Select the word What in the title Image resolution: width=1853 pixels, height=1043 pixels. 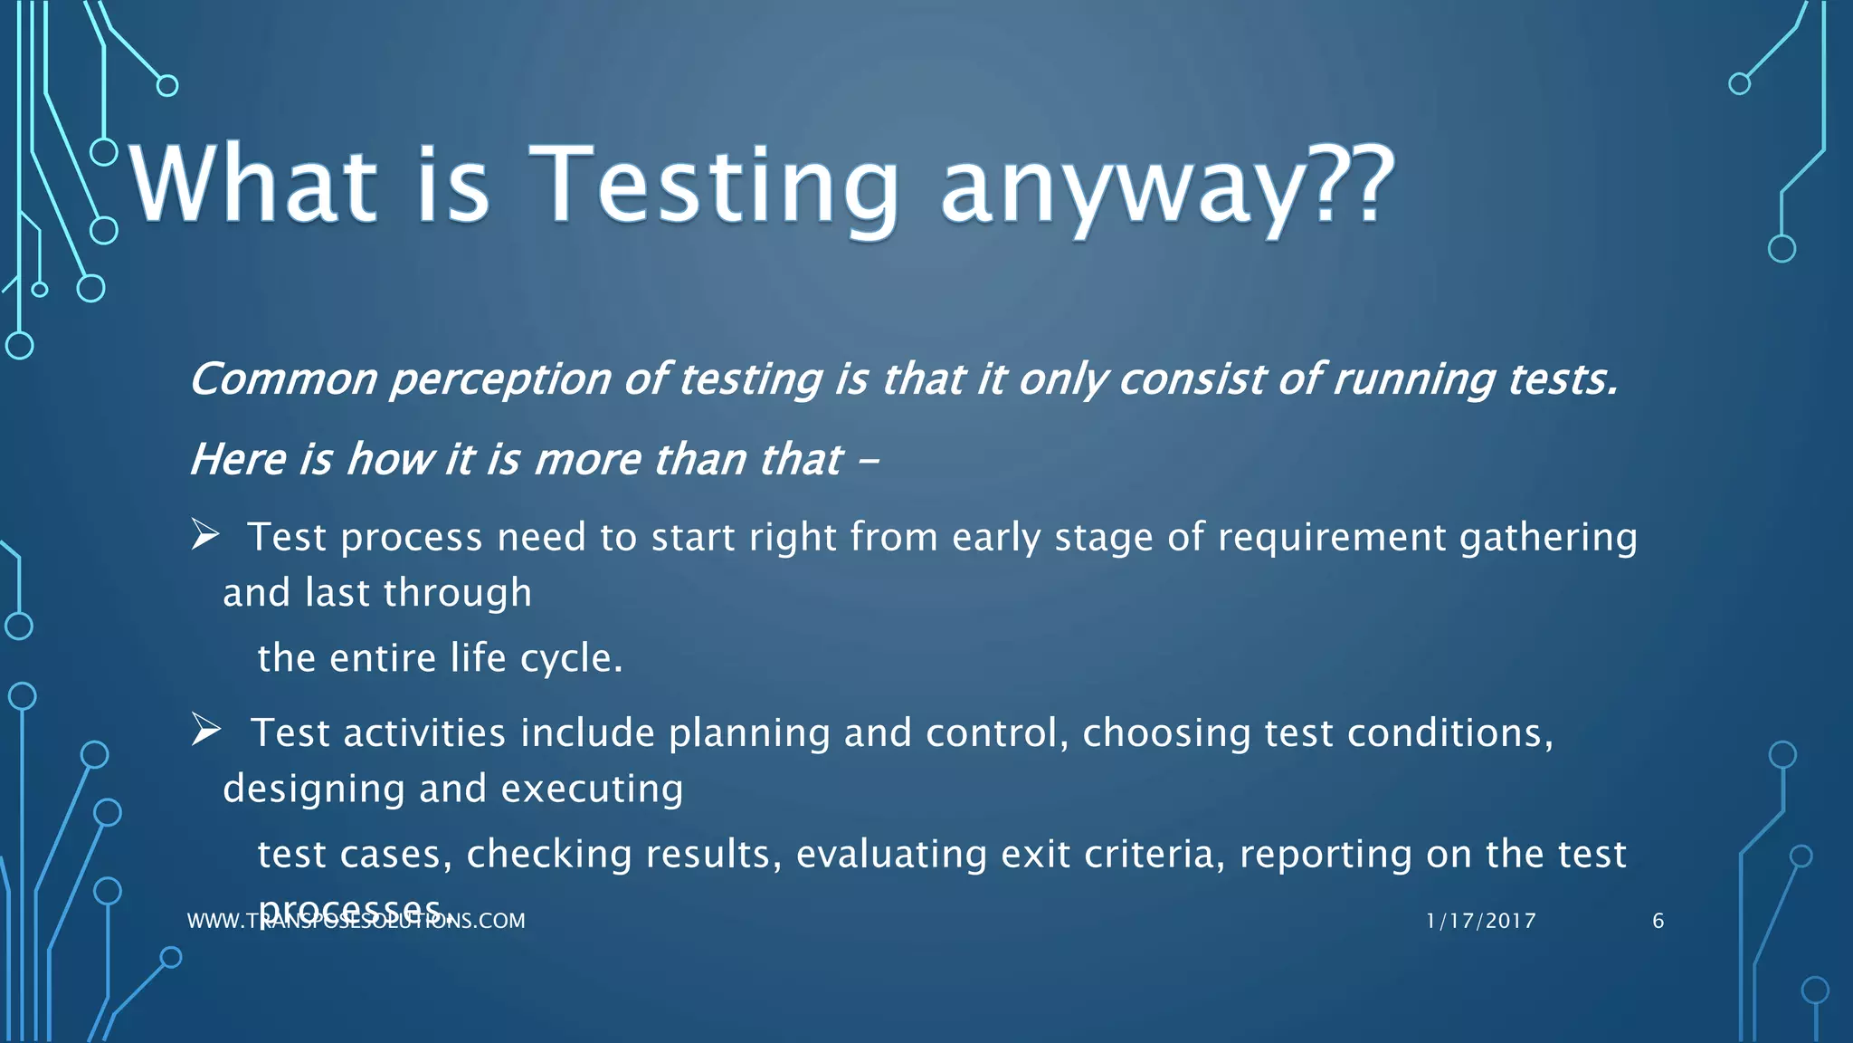pos(253,186)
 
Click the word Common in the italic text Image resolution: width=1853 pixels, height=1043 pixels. pos(283,379)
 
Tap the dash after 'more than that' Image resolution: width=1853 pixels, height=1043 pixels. pos(868,460)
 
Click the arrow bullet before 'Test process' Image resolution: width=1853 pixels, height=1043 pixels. pos(205,535)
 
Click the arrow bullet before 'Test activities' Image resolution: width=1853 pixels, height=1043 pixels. pos(205,730)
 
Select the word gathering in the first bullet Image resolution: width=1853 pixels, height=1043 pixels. pos(1548,538)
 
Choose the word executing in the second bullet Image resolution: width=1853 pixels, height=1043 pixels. pos(592,789)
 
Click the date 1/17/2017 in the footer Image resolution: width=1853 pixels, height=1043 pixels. pos(1481,921)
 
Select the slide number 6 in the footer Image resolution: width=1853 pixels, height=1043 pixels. pos(1658,921)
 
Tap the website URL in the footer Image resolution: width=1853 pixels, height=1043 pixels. pos(356,922)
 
